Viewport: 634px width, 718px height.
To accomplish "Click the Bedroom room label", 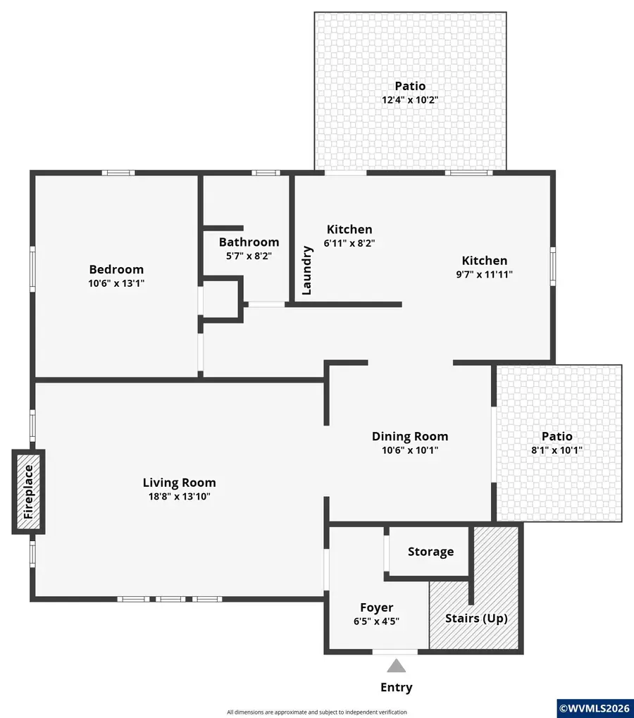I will tap(116, 269).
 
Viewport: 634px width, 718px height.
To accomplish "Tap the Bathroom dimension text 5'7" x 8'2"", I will tap(249, 256).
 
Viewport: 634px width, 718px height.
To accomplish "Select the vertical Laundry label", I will tap(306, 270).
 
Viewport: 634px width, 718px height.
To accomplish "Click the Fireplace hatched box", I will tap(28, 492).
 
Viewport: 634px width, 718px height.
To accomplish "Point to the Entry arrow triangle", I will tap(397, 665).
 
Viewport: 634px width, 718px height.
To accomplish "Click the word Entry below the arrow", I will tap(397, 688).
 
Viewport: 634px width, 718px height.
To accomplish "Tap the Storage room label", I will tap(430, 552).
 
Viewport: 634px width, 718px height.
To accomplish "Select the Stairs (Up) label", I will tap(476, 619).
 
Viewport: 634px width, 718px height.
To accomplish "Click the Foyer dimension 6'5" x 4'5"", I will tap(377, 621).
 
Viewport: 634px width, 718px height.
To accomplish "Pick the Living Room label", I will tap(179, 483).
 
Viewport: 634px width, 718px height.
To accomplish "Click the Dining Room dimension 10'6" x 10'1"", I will tap(410, 450).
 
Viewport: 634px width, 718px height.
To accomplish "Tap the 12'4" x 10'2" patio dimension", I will tap(410, 100).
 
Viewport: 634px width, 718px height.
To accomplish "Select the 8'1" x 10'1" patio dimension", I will tap(557, 450).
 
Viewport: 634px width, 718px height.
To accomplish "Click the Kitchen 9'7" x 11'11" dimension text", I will tap(484, 274).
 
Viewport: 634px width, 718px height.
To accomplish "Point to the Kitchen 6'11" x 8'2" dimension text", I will tap(349, 243).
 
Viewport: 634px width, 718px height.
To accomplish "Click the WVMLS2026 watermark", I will tap(595, 707).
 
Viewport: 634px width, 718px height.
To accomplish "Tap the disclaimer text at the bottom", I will tap(317, 712).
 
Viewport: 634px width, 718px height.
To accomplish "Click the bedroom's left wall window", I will tap(32, 268).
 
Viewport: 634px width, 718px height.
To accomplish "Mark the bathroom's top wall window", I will tap(266, 173).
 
